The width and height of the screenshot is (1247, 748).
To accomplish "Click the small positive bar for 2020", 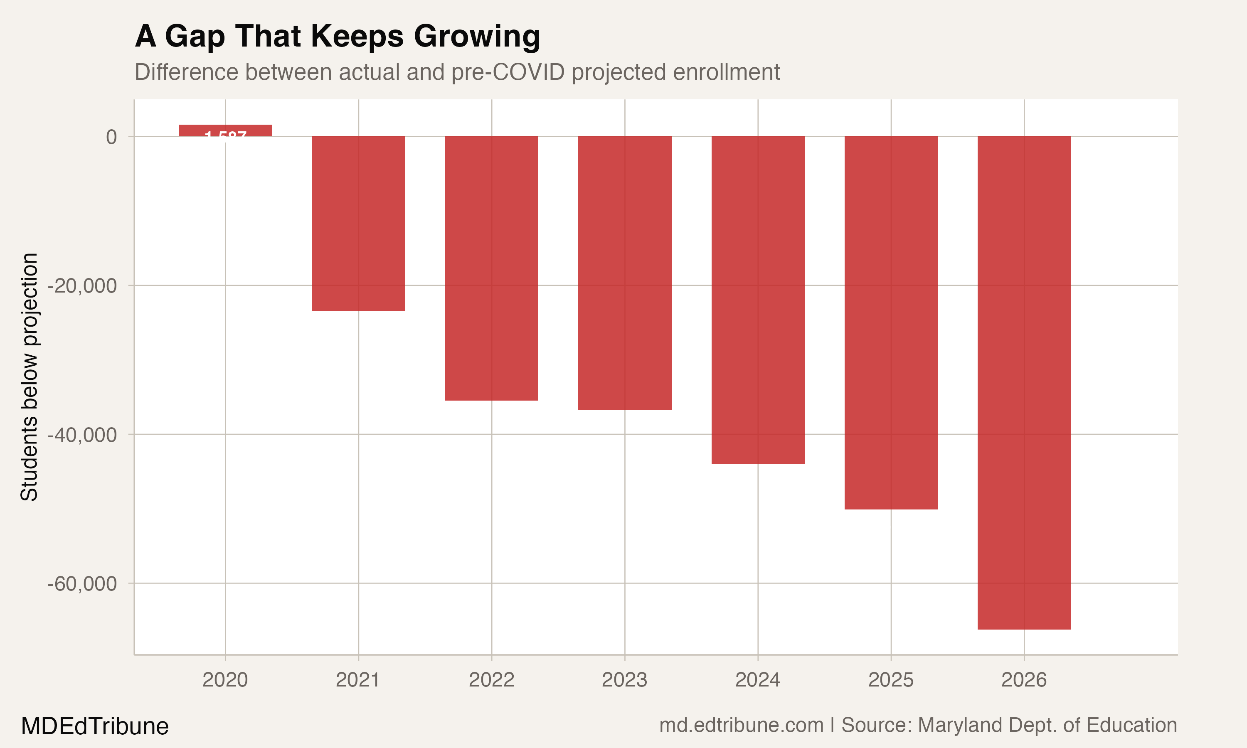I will pos(225,130).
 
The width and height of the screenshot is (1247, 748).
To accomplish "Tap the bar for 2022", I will pos(491,268).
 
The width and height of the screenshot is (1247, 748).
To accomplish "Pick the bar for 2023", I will pos(624,273).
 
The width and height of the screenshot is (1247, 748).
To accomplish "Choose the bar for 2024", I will pos(758,300).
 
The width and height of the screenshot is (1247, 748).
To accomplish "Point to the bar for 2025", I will pos(891,322).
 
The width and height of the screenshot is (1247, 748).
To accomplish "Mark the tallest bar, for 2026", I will pos(1024,383).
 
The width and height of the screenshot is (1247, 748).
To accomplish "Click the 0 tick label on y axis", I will pos(111,137).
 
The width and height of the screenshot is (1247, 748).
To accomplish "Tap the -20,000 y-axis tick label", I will pos(82,286).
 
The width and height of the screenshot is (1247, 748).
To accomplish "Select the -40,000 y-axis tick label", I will pos(82,435).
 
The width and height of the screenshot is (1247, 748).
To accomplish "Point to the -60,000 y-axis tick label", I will pos(82,584).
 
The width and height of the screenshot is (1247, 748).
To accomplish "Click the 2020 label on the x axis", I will pos(225,680).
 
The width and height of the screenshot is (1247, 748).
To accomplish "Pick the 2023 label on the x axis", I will pos(624,680).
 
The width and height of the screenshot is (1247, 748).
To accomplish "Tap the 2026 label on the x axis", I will pos(1024,680).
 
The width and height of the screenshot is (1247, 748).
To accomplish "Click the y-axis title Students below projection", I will pos(29,376).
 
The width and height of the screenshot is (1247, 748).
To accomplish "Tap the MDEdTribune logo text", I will pos(95,726).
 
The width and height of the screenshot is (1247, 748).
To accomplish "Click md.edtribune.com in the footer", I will pos(741,725).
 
